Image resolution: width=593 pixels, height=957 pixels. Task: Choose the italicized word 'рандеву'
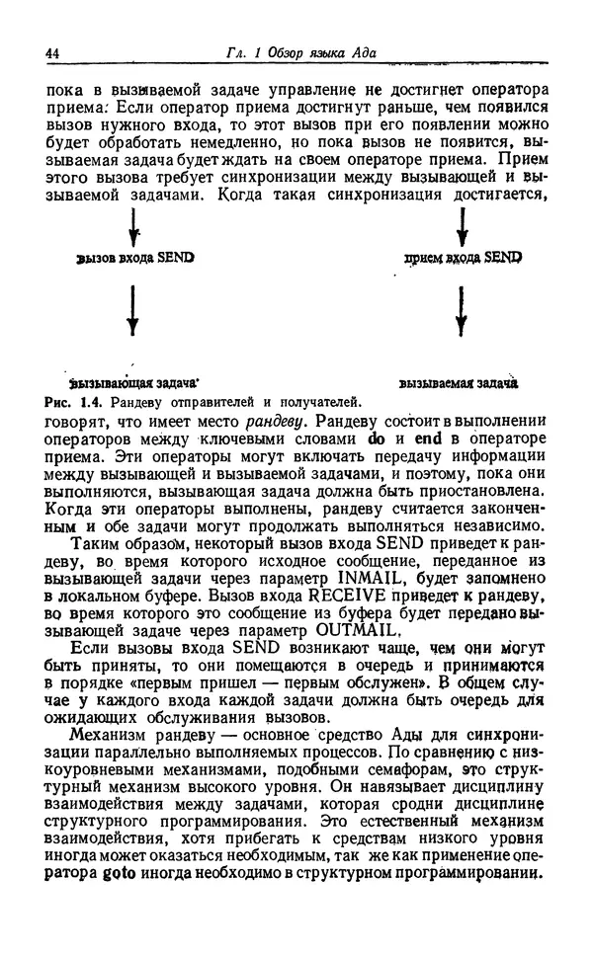[274, 420]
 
